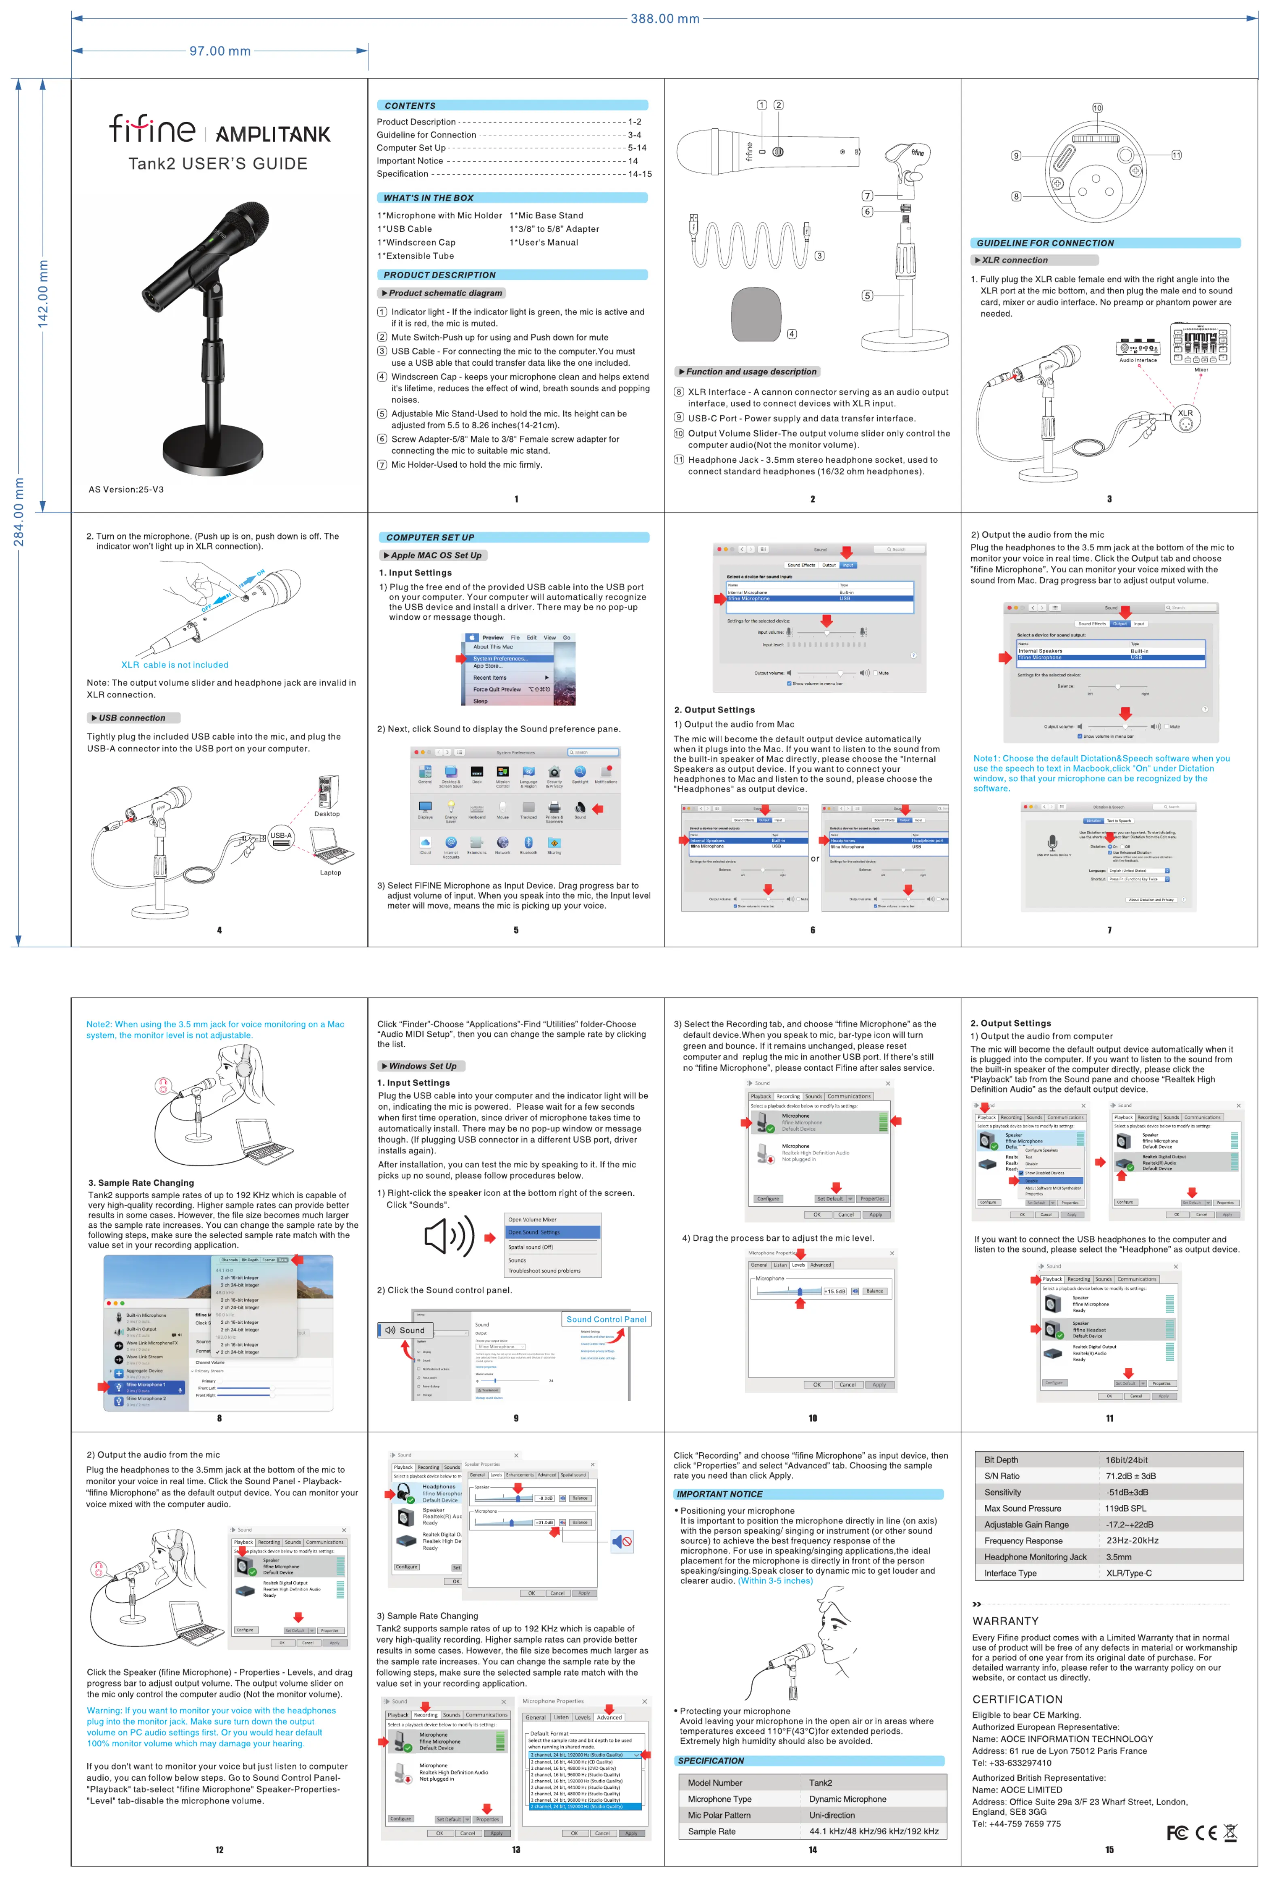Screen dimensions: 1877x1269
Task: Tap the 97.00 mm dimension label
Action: [220, 51]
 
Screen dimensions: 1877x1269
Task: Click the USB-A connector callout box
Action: [280, 839]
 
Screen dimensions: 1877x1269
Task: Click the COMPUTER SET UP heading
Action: [430, 537]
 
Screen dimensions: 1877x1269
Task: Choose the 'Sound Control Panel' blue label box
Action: [606, 1319]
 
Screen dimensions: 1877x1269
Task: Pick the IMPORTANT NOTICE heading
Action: [719, 1494]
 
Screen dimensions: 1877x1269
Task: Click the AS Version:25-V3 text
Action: [126, 489]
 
